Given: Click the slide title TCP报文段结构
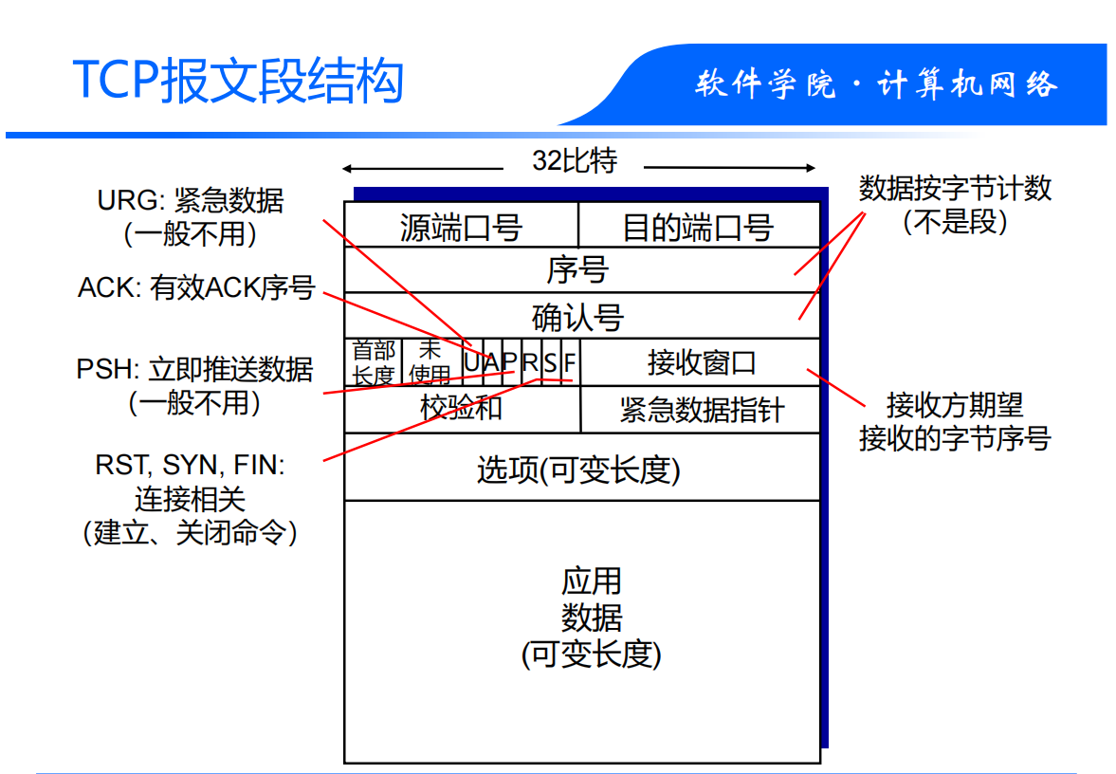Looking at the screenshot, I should click(238, 81).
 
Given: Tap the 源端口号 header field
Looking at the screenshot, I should click(461, 228).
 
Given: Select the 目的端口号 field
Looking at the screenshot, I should click(698, 228).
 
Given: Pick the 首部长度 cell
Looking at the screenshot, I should click(373, 363).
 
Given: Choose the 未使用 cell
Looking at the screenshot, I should click(430, 363).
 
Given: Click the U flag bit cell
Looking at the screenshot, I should click(472, 362).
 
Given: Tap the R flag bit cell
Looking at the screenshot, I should click(530, 362).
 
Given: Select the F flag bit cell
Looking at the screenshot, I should click(570, 362).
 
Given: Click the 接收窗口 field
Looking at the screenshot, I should click(702, 362).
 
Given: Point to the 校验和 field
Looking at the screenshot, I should click(461, 409).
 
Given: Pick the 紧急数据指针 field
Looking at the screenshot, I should click(702, 410).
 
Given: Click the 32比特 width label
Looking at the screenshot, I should click(575, 161).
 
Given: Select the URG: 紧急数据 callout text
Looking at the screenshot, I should click(191, 200).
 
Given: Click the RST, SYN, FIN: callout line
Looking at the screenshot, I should click(190, 465).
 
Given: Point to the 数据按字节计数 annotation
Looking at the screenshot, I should click(955, 188).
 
